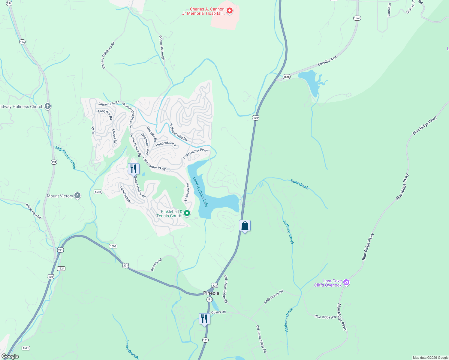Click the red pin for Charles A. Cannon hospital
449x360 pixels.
point(230,11)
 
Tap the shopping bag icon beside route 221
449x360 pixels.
point(245,226)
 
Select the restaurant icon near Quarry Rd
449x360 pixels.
point(204,319)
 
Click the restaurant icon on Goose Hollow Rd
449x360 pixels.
point(134,169)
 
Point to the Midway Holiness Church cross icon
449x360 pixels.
point(47,106)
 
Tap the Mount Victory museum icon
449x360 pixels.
point(77,196)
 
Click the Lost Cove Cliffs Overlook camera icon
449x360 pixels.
point(346,283)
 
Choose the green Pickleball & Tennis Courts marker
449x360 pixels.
point(187,213)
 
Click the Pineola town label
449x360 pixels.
point(211,293)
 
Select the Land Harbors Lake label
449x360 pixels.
point(200,192)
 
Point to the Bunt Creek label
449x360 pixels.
point(299,184)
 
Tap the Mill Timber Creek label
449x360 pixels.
point(65,157)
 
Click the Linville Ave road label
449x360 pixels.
point(327,61)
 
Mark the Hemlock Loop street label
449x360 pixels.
point(166,144)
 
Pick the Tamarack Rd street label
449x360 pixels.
point(125,194)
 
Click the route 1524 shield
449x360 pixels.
point(61,268)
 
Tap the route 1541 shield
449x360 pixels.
point(26,348)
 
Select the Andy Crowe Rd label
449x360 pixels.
point(273,297)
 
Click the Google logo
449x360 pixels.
point(10,356)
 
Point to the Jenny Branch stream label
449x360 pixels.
point(131,349)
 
